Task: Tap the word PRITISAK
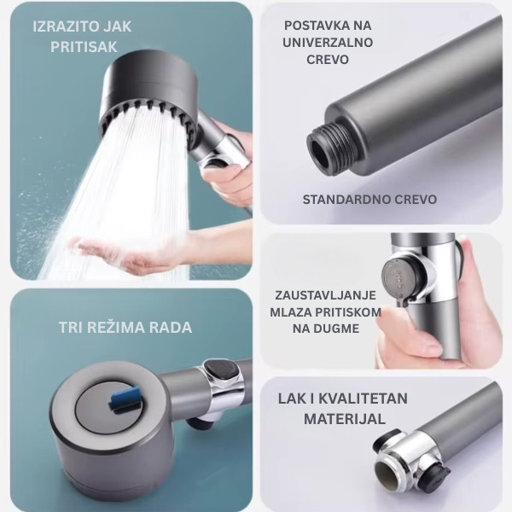pyautogui.click(x=84, y=47)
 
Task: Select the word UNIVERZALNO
pyautogui.click(x=328, y=43)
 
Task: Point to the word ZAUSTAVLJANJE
pyautogui.click(x=326, y=295)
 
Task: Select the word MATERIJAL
pyautogui.click(x=345, y=419)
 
